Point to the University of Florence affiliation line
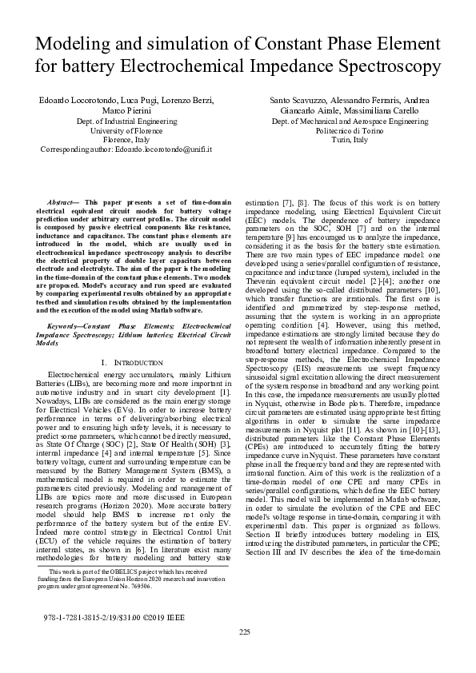[x=120, y=129]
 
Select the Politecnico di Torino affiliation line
[x=350, y=130]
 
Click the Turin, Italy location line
[x=350, y=140]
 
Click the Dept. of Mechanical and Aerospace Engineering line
[x=350, y=120]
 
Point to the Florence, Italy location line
[x=119, y=139]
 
